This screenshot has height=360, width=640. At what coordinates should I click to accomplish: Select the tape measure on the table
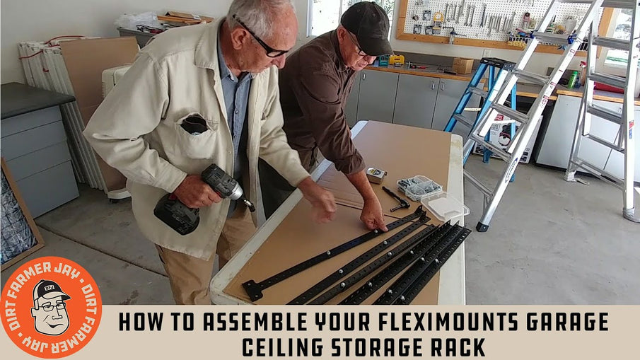tap(376, 175)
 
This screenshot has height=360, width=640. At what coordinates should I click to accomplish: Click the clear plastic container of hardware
tap(419, 188)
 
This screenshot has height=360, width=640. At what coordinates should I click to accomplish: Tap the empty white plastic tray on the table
tap(445, 207)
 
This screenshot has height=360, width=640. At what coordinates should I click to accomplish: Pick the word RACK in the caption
tap(460, 347)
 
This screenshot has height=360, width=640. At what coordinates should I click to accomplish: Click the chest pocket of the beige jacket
tap(195, 138)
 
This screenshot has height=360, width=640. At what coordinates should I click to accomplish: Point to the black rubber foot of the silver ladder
tap(482, 226)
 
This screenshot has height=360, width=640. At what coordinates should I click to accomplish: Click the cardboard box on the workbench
tap(462, 66)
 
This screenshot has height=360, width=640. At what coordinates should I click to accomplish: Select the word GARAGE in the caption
tap(565, 322)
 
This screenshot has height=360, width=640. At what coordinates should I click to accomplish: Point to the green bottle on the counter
tap(573, 79)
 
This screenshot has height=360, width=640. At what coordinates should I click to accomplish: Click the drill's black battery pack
tap(178, 214)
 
